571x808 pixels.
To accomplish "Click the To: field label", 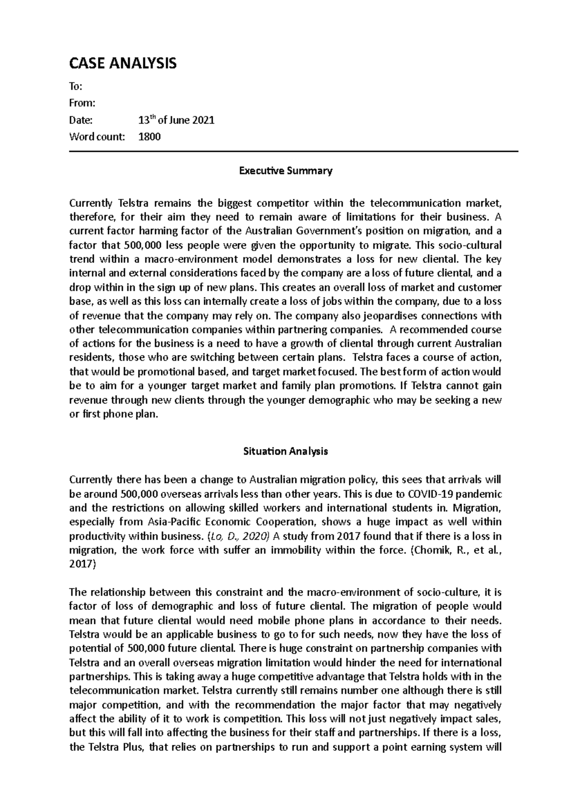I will pyautogui.click(x=76, y=87).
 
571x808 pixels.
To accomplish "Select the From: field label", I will pyautogui.click(x=82, y=103).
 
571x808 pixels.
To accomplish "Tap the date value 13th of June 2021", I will pyautogui.click(x=176, y=120).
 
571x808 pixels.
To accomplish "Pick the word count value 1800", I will pyautogui.click(x=149, y=137).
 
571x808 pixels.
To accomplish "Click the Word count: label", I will pyautogui.click(x=97, y=137).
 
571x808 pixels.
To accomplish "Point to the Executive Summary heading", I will pyautogui.click(x=285, y=171).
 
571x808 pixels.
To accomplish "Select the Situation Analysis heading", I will pyautogui.click(x=285, y=451).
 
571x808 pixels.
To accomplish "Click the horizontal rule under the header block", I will pyautogui.click(x=293, y=152).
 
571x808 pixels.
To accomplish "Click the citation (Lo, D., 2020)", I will pyautogui.click(x=238, y=536).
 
